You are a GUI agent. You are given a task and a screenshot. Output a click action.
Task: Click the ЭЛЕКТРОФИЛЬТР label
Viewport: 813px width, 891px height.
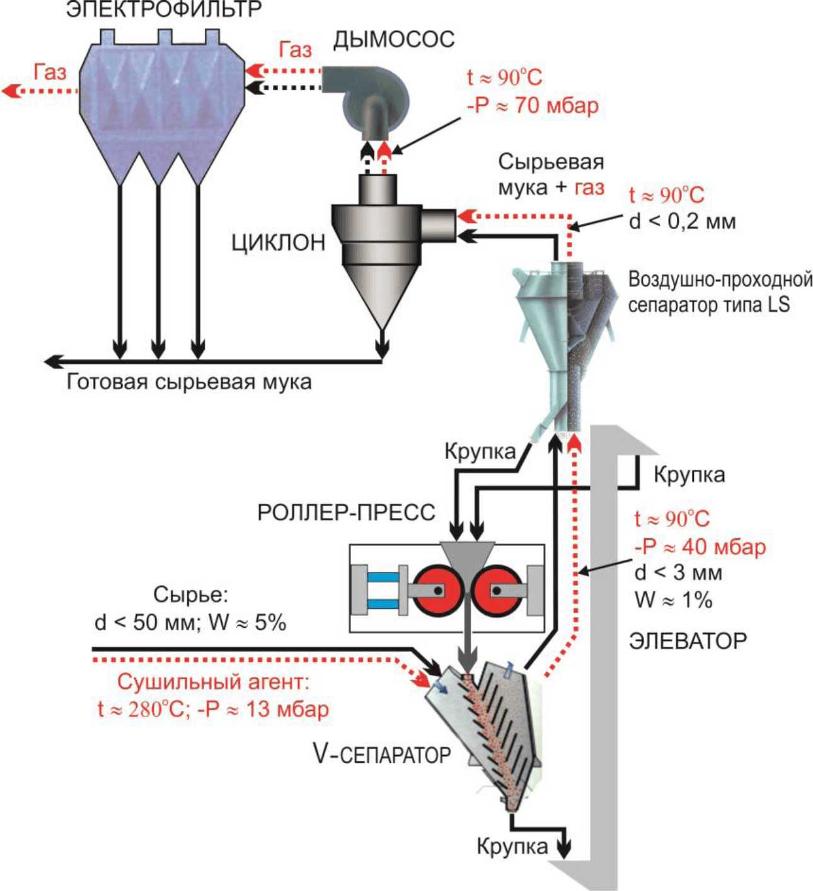tap(164, 9)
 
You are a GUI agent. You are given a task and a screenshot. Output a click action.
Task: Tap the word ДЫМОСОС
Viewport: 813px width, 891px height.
tap(394, 40)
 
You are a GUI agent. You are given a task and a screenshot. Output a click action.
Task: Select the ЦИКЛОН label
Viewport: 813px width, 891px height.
tap(279, 242)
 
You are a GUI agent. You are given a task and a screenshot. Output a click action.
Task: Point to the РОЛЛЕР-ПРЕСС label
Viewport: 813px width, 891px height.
tap(346, 513)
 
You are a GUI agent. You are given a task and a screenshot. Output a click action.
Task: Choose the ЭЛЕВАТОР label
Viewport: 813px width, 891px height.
tap(688, 641)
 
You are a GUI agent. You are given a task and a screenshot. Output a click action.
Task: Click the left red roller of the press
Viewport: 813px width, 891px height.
tap(436, 590)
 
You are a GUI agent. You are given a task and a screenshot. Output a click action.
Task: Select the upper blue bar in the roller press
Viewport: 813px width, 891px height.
tap(383, 577)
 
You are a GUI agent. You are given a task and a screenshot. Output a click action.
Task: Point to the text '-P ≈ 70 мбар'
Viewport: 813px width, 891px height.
tap(533, 106)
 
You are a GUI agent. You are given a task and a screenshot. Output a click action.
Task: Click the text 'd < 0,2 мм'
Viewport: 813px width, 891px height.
tap(683, 221)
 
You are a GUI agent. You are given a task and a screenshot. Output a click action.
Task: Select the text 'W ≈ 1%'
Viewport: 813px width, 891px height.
tap(673, 599)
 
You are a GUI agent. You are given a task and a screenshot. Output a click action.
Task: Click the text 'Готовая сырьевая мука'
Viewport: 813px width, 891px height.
tap(189, 382)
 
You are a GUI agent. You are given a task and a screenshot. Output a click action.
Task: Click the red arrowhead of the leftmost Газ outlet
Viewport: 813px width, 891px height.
tap(10, 91)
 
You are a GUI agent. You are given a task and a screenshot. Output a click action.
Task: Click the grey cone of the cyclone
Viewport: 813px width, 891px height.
tap(382, 297)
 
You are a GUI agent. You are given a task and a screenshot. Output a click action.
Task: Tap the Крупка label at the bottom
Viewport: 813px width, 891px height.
tap(512, 846)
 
